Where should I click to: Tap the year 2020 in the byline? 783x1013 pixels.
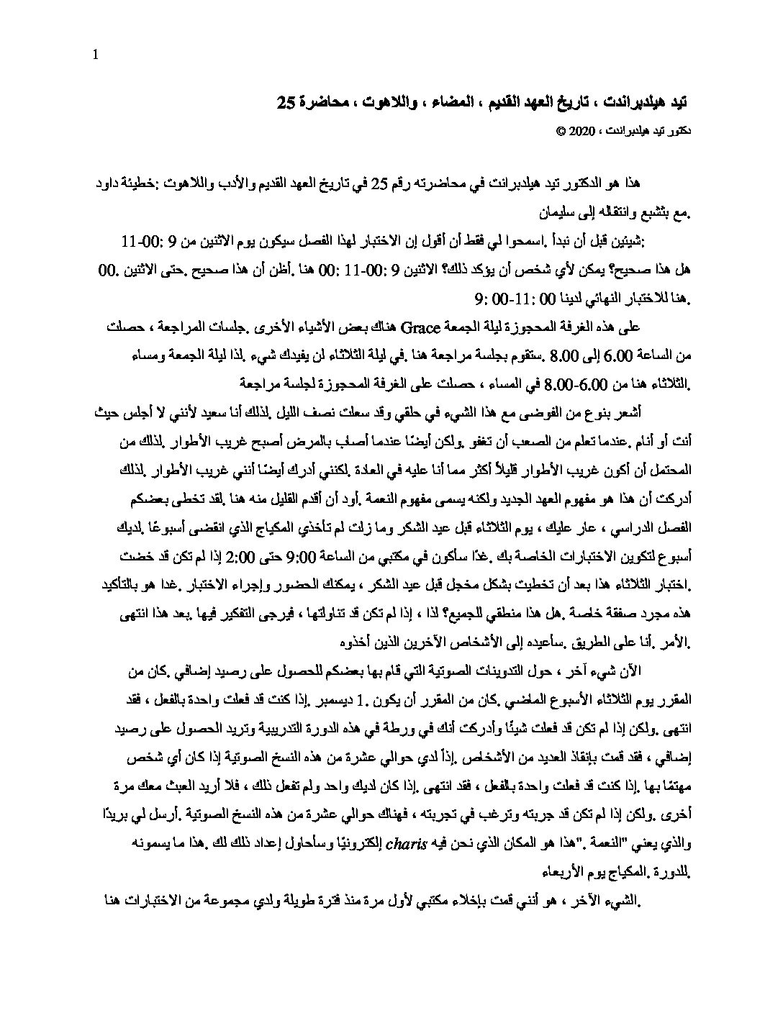579,133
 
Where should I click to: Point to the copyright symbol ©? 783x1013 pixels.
556,133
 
